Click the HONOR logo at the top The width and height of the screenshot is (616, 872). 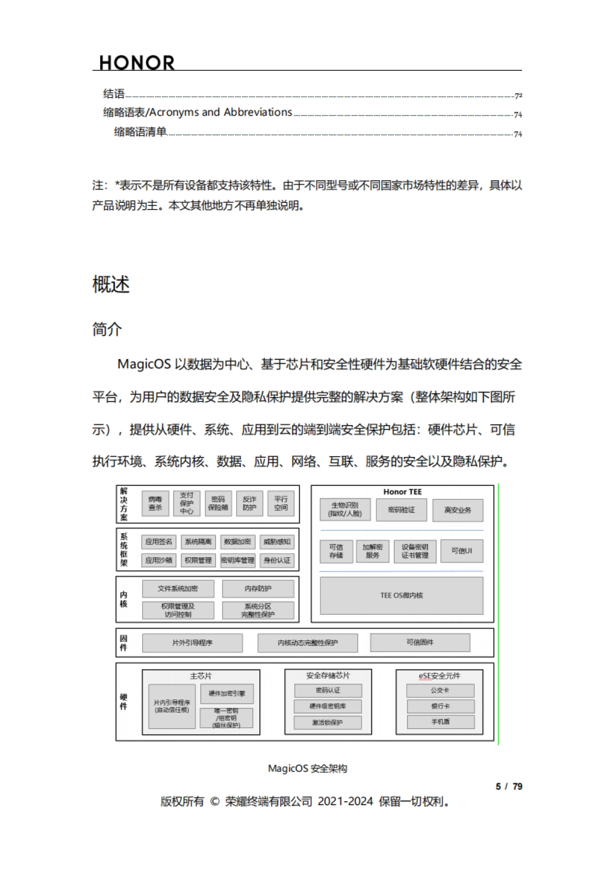(137, 63)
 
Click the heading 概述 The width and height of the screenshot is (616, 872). (111, 285)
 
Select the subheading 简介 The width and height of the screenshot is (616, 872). (107, 329)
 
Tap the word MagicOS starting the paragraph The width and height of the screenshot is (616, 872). (144, 364)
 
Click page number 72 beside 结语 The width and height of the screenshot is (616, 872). (518, 96)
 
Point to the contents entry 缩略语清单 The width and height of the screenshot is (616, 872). (140, 132)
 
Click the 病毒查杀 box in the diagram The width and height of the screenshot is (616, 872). (155, 503)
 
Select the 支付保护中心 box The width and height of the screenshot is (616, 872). (186, 503)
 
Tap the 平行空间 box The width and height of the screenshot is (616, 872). (281, 503)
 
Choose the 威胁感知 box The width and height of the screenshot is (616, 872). (277, 542)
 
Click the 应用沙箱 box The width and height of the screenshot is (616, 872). (159, 560)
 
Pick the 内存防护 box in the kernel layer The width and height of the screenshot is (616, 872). (258, 589)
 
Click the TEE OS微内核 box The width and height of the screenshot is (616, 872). (401, 596)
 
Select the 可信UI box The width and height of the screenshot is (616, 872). (461, 551)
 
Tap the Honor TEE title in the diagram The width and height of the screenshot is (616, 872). (402, 492)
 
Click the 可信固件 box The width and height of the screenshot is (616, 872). (420, 642)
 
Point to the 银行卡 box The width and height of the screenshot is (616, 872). (440, 706)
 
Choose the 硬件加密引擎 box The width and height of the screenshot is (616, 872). (227, 694)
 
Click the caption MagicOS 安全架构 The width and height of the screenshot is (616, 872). (307, 768)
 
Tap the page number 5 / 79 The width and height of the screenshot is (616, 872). (509, 786)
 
